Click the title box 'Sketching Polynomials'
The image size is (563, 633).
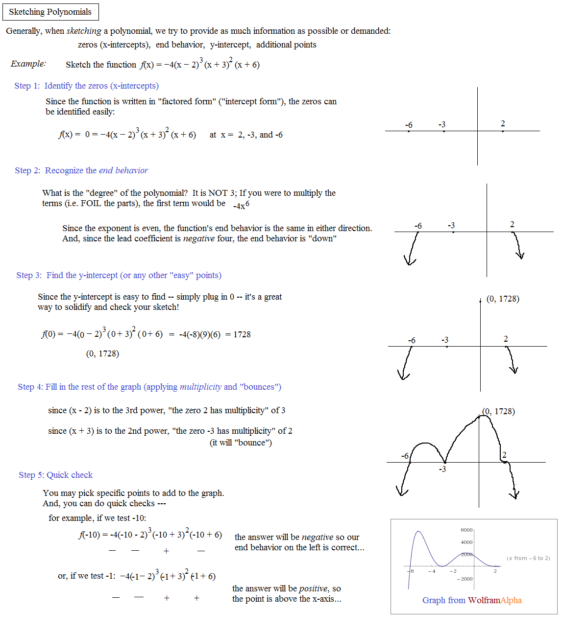click(x=50, y=12)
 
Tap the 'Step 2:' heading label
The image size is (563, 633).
click(x=27, y=170)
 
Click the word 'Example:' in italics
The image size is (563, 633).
click(x=28, y=64)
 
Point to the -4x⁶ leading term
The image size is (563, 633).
click(x=241, y=205)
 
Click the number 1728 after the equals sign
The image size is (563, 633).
click(x=242, y=334)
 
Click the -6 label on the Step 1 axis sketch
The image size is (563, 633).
click(x=409, y=125)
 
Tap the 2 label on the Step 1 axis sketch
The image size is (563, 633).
click(x=503, y=123)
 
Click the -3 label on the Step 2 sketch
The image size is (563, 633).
click(x=451, y=225)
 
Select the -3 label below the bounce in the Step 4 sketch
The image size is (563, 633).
click(x=442, y=469)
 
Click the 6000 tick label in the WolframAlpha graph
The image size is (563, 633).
click(x=466, y=530)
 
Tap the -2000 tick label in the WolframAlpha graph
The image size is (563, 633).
click(x=465, y=579)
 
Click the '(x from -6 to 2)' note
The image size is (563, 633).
click(x=528, y=558)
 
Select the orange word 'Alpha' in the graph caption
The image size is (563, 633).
click(x=511, y=600)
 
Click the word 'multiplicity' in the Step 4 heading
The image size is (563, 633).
click(x=200, y=387)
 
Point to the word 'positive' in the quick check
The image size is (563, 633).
click(x=313, y=588)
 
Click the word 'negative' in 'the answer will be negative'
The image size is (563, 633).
click(x=318, y=537)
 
